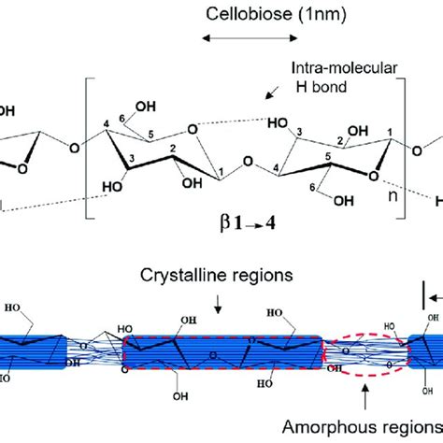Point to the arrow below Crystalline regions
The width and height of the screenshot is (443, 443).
point(217,302)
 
